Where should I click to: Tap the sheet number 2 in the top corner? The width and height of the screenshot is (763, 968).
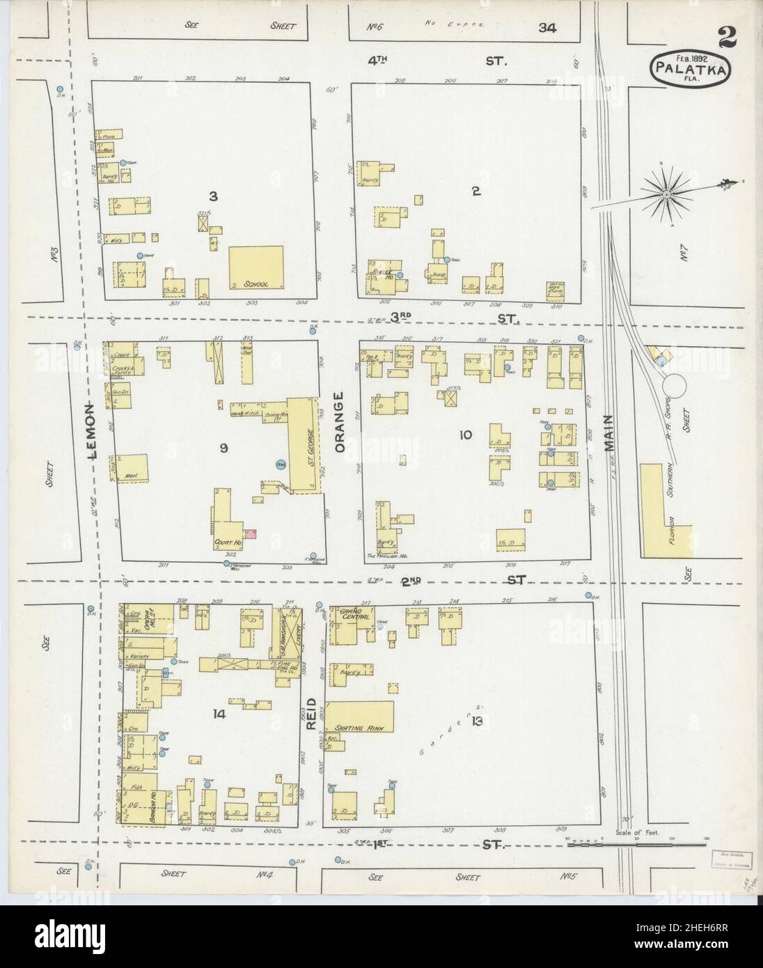pyautogui.click(x=727, y=39)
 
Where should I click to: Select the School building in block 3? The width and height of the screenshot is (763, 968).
pyautogui.click(x=256, y=267)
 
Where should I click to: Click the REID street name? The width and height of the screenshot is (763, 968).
pyautogui.click(x=311, y=714)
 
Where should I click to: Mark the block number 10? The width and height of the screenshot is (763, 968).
pyautogui.click(x=465, y=436)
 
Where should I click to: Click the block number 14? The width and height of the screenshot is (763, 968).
pyautogui.click(x=220, y=713)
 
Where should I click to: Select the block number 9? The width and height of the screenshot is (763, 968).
pyautogui.click(x=223, y=448)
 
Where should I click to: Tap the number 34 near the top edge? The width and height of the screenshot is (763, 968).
pyautogui.click(x=546, y=27)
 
